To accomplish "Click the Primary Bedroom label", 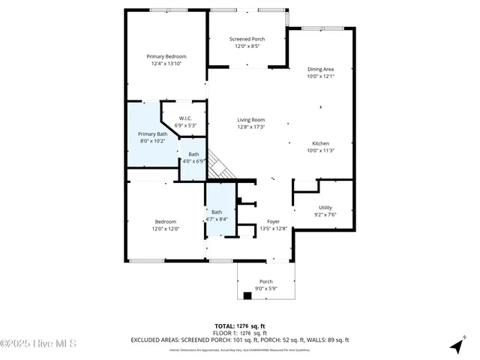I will [x=166, y=57].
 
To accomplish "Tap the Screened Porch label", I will [x=247, y=39].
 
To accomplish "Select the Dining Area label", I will [x=320, y=69].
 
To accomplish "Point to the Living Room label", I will [x=251, y=120].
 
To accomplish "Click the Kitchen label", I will [x=320, y=143].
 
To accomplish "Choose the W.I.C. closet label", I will [x=185, y=118].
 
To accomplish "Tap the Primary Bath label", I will [x=152, y=133].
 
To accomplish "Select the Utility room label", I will [x=325, y=208].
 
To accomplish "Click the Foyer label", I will [x=273, y=222].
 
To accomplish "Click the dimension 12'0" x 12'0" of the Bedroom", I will [x=166, y=229].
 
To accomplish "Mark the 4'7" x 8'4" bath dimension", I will [x=217, y=219].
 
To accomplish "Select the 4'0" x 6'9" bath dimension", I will [x=193, y=161].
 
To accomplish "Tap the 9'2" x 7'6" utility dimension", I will [x=325, y=214].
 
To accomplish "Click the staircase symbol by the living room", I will [x=218, y=166].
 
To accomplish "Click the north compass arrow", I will [x=456, y=346].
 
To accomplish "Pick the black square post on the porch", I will [x=247, y=295].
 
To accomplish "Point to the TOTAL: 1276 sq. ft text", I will [x=239, y=326].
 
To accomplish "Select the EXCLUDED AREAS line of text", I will [x=239, y=340].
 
